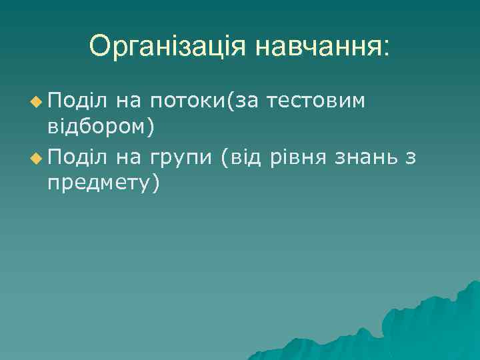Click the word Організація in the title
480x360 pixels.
coord(168,47)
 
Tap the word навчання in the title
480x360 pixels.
coord(315,47)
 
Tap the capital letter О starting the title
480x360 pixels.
coord(101,47)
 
